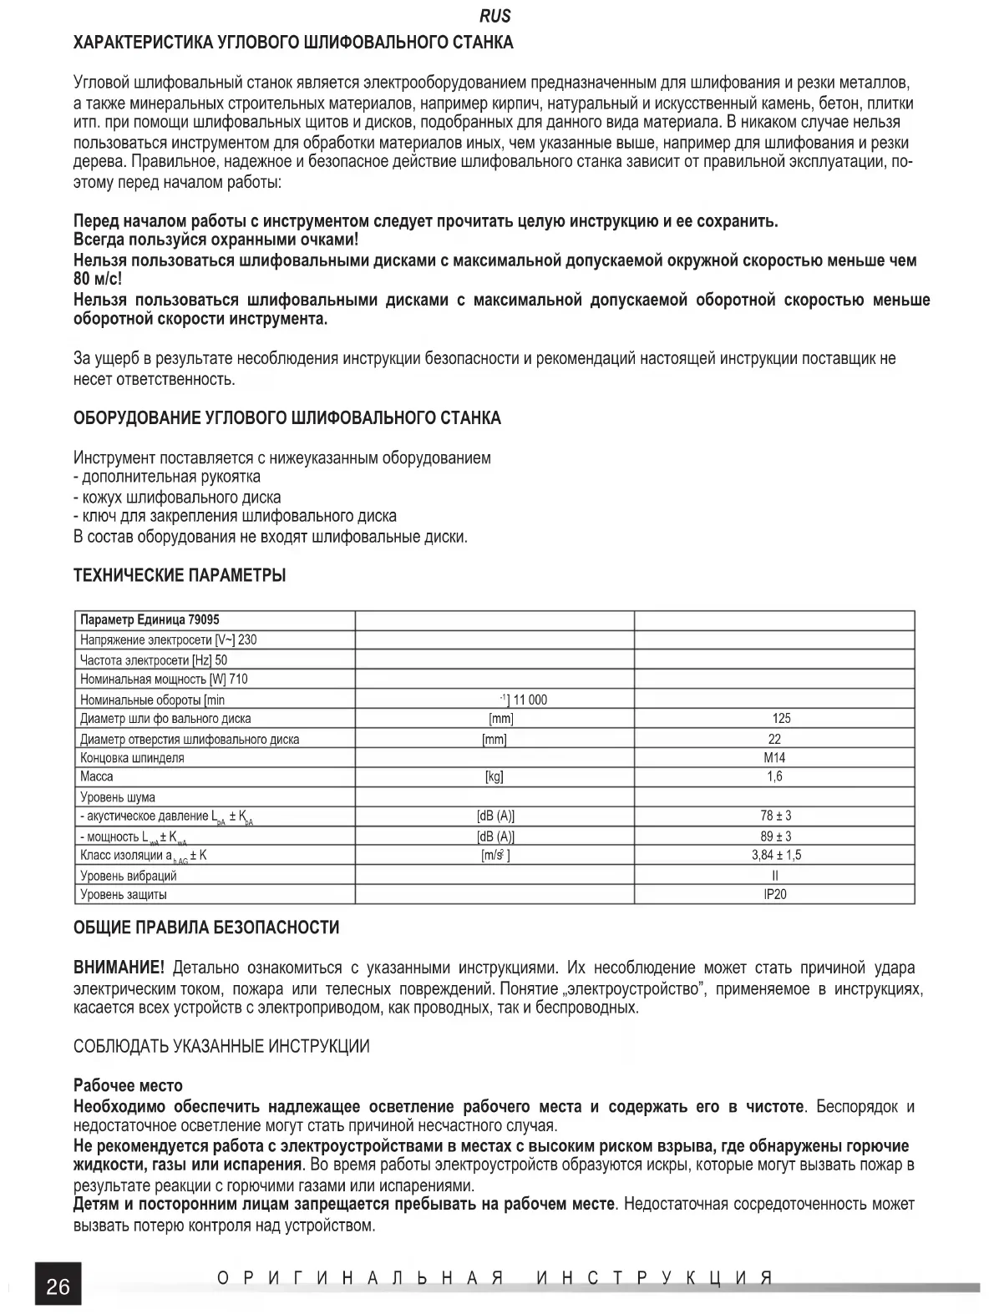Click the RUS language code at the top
pos(495,17)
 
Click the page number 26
pos(58,1286)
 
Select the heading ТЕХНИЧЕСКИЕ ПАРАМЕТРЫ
pos(180,576)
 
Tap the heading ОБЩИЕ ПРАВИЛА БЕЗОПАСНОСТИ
pos(206,927)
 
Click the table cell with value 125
pos(781,718)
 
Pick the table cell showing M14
pos(774,758)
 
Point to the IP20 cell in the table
pos(774,894)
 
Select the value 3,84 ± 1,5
pos(776,855)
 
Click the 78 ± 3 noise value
pos(776,816)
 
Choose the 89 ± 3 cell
pos(776,836)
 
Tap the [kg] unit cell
pos(494,776)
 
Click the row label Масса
pos(97,776)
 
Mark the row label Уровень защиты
pos(124,895)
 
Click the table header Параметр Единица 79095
pos(150,620)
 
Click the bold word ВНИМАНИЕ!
pos(119,968)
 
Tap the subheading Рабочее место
pos(128,1086)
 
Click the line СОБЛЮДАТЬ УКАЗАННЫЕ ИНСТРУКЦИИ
pos(221,1047)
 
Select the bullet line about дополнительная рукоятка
pos(167,478)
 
